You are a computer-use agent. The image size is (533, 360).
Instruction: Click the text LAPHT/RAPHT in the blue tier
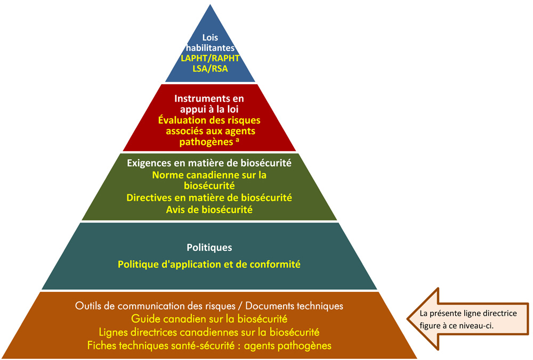tap(209, 59)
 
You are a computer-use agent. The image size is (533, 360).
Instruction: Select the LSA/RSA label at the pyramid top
tap(209, 69)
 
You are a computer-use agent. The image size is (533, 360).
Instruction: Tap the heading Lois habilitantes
tap(209, 43)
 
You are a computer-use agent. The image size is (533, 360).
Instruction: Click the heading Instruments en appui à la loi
tap(209, 104)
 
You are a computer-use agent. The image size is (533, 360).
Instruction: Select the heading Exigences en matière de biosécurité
tap(209, 163)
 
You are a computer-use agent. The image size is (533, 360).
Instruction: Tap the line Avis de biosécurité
tap(209, 209)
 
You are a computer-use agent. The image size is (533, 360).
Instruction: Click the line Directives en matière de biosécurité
tap(209, 198)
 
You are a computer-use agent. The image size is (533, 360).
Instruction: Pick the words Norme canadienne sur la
tap(209, 175)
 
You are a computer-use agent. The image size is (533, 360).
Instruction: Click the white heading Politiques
tap(209, 248)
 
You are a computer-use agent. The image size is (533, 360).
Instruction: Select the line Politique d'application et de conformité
tap(209, 264)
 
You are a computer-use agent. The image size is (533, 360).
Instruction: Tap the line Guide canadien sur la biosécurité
tap(209, 319)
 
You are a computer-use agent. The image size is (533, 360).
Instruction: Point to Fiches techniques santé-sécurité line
tap(209, 345)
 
